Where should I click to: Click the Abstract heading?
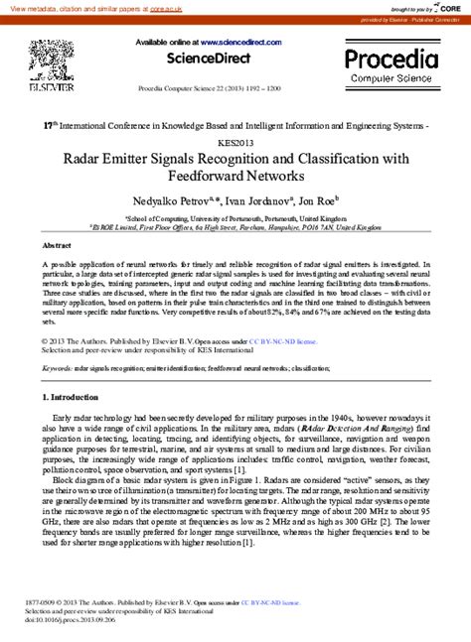click(x=57, y=243)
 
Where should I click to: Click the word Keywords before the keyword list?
click(x=57, y=367)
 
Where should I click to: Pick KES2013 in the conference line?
click(x=235, y=142)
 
